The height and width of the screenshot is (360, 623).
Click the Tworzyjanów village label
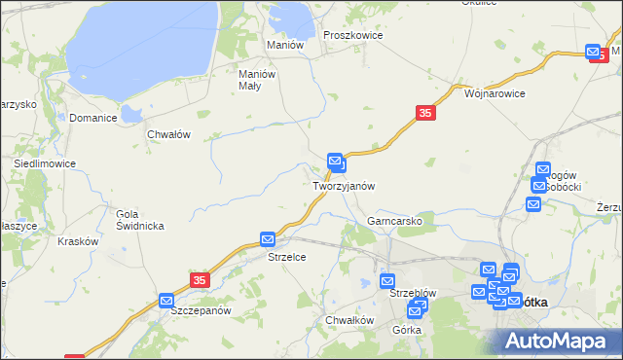pos(344,185)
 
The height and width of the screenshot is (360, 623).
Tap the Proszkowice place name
pos(352,35)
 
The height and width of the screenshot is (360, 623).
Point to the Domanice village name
pos(93,118)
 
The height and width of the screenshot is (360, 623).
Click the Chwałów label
pos(167,134)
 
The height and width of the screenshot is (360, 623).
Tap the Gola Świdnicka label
pos(139,220)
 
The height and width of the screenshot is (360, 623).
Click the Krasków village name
pos(78,241)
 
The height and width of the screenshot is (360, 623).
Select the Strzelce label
pos(287,257)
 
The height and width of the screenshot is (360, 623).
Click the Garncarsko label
pos(393,221)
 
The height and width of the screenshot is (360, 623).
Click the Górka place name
pos(407,330)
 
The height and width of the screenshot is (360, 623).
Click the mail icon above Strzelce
pos(269,239)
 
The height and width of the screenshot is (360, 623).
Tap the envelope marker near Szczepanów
pos(166,302)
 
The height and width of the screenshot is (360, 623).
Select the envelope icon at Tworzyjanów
pos(336,162)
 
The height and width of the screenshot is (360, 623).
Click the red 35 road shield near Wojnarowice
pos(425,114)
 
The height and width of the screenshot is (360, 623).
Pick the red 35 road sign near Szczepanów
pos(200,279)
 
